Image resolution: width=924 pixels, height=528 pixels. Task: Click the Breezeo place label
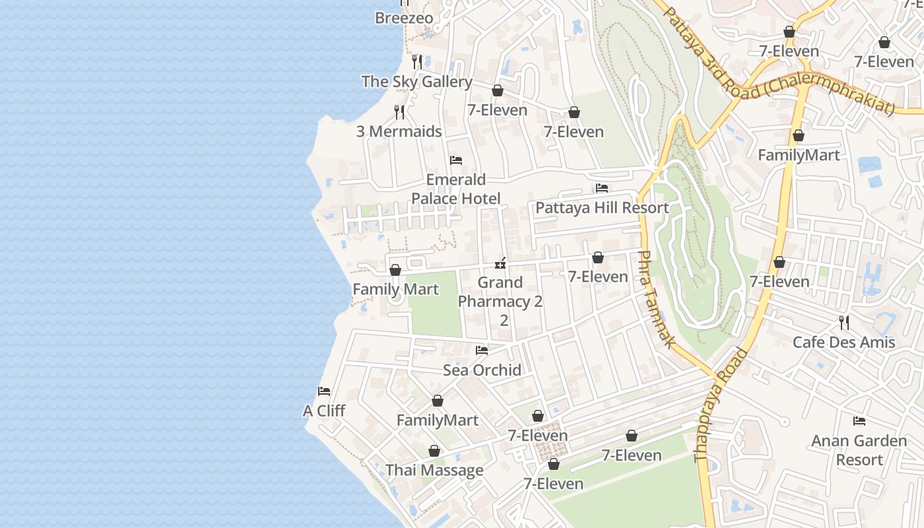click(404, 18)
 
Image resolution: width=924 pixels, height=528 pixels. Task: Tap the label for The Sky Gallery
click(416, 82)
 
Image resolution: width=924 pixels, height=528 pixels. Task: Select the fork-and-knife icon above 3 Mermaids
click(399, 112)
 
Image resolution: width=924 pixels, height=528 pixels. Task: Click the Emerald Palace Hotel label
click(455, 189)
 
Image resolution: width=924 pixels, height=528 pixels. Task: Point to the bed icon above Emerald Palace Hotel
click(455, 160)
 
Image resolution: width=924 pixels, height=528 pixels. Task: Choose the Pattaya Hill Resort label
click(602, 208)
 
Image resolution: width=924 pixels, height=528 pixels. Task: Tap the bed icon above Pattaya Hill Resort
click(601, 188)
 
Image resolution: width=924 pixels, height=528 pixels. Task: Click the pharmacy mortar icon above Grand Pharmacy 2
click(500, 263)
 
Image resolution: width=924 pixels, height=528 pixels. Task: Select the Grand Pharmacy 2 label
click(500, 301)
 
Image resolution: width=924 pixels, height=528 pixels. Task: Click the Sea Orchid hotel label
click(482, 370)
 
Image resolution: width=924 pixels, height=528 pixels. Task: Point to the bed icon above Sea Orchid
click(482, 350)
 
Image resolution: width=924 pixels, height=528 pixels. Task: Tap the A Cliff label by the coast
click(324, 411)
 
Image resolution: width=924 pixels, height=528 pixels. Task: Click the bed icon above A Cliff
click(323, 391)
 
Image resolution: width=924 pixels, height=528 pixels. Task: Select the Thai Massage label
click(434, 471)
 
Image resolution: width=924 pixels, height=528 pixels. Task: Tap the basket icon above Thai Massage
click(434, 451)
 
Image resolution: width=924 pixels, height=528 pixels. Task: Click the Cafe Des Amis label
click(843, 342)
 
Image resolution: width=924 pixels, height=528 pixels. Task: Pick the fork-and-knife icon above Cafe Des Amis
click(843, 322)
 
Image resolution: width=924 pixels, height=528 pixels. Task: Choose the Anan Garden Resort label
click(859, 450)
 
